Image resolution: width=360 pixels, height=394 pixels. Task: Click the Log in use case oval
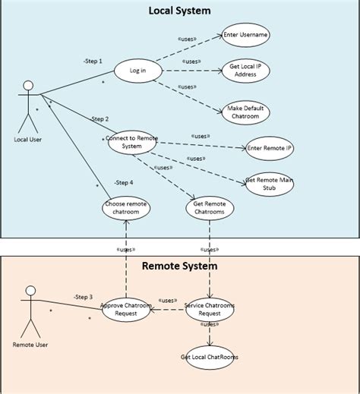[x=138, y=71]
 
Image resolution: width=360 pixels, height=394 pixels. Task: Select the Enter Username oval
[x=246, y=35]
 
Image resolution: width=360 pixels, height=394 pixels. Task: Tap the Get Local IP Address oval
[x=245, y=71]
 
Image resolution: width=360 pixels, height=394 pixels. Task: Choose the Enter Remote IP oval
[x=270, y=148]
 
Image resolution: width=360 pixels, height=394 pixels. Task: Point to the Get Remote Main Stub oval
[x=270, y=184]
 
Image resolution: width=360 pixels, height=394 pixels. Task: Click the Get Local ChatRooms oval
[x=210, y=357]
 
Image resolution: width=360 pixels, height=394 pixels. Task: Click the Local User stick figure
[x=28, y=106]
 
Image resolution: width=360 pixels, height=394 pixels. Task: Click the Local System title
[x=179, y=11]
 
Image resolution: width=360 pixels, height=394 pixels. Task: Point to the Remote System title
[x=179, y=266]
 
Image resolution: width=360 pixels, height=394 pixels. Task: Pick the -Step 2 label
[x=99, y=119]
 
